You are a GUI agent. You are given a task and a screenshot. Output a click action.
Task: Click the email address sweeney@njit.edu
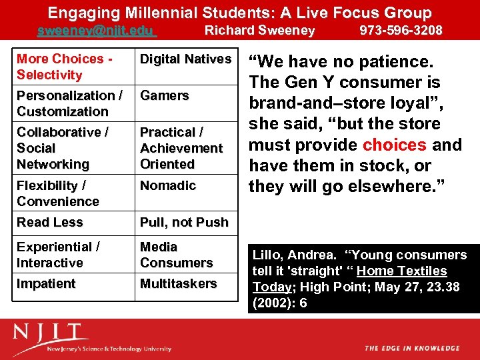pyautogui.click(x=96, y=31)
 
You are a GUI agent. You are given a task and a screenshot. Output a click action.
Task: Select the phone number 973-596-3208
pyautogui.click(x=401, y=31)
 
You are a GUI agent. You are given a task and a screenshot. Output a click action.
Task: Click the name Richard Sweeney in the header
pyautogui.click(x=259, y=31)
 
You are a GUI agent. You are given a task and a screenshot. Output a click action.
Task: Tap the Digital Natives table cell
pyautogui.click(x=185, y=59)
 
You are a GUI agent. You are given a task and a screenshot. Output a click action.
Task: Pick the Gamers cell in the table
pyautogui.click(x=165, y=96)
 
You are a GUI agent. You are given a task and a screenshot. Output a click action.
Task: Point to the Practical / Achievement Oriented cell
pyautogui.click(x=181, y=148)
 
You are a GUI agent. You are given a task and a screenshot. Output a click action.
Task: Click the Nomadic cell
pyautogui.click(x=168, y=186)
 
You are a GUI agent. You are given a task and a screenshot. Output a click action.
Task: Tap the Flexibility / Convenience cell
pyautogui.click(x=58, y=193)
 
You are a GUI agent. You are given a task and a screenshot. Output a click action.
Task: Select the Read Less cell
pyautogui.click(x=50, y=223)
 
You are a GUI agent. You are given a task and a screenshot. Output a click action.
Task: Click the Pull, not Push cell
pyautogui.click(x=184, y=223)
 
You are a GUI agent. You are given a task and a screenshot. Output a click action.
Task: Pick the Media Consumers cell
pyautogui.click(x=176, y=255)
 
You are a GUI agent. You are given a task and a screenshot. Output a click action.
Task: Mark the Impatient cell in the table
pyautogui.click(x=46, y=284)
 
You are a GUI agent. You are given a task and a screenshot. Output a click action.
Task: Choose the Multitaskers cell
pyautogui.click(x=178, y=284)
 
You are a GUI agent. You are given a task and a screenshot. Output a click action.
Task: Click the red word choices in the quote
pyautogui.click(x=394, y=145)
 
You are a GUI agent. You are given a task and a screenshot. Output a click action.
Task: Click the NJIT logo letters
pyautogui.click(x=50, y=333)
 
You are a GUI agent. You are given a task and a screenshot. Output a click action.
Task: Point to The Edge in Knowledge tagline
pyautogui.click(x=412, y=348)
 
